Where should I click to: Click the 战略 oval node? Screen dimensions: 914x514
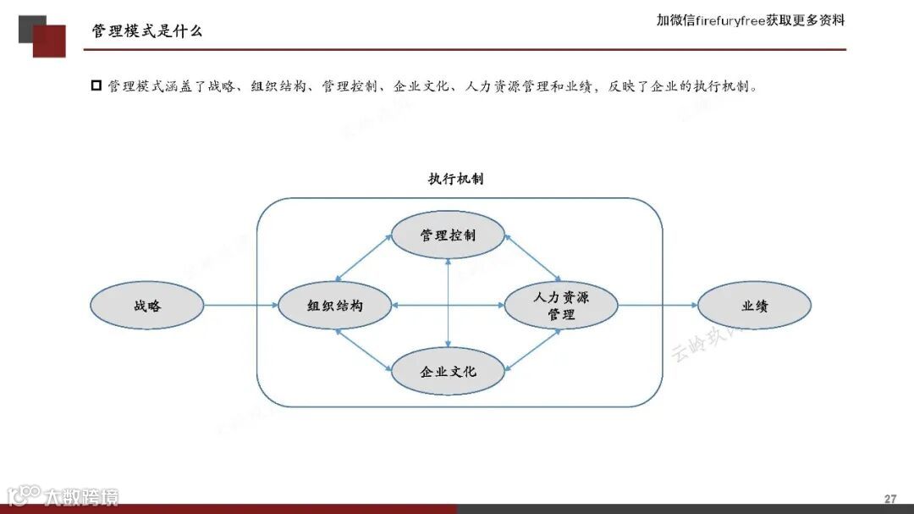tap(147, 306)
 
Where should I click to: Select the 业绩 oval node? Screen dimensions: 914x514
tap(754, 306)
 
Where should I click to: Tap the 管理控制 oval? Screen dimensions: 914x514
tap(448, 235)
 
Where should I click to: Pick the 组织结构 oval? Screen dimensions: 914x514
tap(334, 306)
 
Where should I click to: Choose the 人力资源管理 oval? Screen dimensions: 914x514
tap(560, 306)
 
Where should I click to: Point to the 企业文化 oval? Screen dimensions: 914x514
tap(448, 371)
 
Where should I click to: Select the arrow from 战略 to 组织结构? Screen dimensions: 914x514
tap(241, 306)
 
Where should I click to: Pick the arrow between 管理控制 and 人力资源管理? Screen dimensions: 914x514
tap(532, 258)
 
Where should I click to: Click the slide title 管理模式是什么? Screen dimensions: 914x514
tap(147, 31)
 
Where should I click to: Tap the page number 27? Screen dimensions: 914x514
tap(889, 499)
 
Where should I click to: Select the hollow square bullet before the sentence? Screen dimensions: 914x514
tap(96, 86)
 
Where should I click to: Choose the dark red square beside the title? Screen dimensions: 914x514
tap(50, 42)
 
